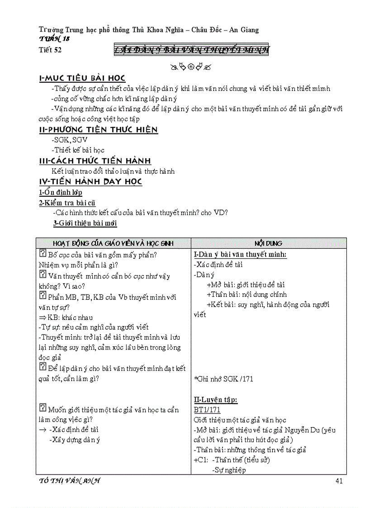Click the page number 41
pyautogui.click(x=339, y=480)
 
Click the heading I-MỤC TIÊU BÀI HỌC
pyautogui.click(x=82, y=78)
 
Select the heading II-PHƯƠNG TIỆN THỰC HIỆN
pyautogui.click(x=98, y=130)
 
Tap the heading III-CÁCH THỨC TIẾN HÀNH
pyautogui.click(x=95, y=161)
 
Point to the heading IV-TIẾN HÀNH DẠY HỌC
pyautogui.click(x=90, y=181)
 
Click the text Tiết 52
pyautogui.click(x=50, y=50)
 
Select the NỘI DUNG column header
pyautogui.click(x=269, y=243)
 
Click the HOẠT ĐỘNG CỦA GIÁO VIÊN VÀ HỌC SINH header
pyautogui.click(x=113, y=243)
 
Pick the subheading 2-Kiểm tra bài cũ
pyautogui.click(x=67, y=203)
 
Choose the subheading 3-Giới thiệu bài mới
pyautogui.click(x=85, y=223)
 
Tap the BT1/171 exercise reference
pyautogui.click(x=207, y=410)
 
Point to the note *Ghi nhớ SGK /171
pyautogui.click(x=223, y=379)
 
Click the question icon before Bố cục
pyautogui.click(x=43, y=254)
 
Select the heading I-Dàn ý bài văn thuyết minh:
pyautogui.click(x=240, y=254)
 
